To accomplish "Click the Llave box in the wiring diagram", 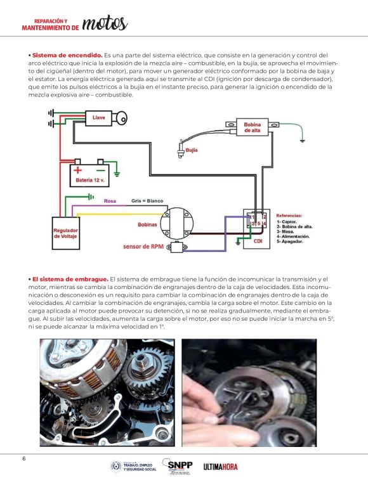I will click(99, 118).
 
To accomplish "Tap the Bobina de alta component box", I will click(251, 127).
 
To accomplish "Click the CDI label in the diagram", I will click(258, 242).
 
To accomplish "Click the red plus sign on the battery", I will click(78, 169).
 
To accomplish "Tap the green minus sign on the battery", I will click(100, 169).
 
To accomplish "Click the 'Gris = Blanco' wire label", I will click(147, 201).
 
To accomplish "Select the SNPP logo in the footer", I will click(180, 466).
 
